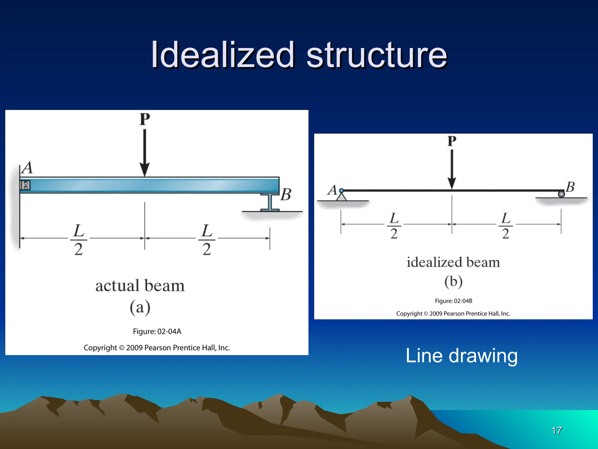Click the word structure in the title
pyautogui.click(x=377, y=55)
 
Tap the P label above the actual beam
pyautogui.click(x=145, y=119)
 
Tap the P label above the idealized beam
pyautogui.click(x=452, y=141)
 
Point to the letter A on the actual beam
pyautogui.click(x=28, y=168)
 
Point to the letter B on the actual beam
pyautogui.click(x=286, y=194)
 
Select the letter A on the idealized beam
pyautogui.click(x=332, y=190)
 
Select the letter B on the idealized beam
pyautogui.click(x=570, y=187)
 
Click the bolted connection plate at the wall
pyautogui.click(x=25, y=185)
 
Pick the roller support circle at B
pyautogui.click(x=561, y=194)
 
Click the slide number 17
pyautogui.click(x=557, y=431)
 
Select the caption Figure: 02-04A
pyautogui.click(x=157, y=331)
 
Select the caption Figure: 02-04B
pyautogui.click(x=453, y=301)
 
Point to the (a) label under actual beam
pyautogui.click(x=140, y=307)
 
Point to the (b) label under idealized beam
pyautogui.click(x=453, y=282)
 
